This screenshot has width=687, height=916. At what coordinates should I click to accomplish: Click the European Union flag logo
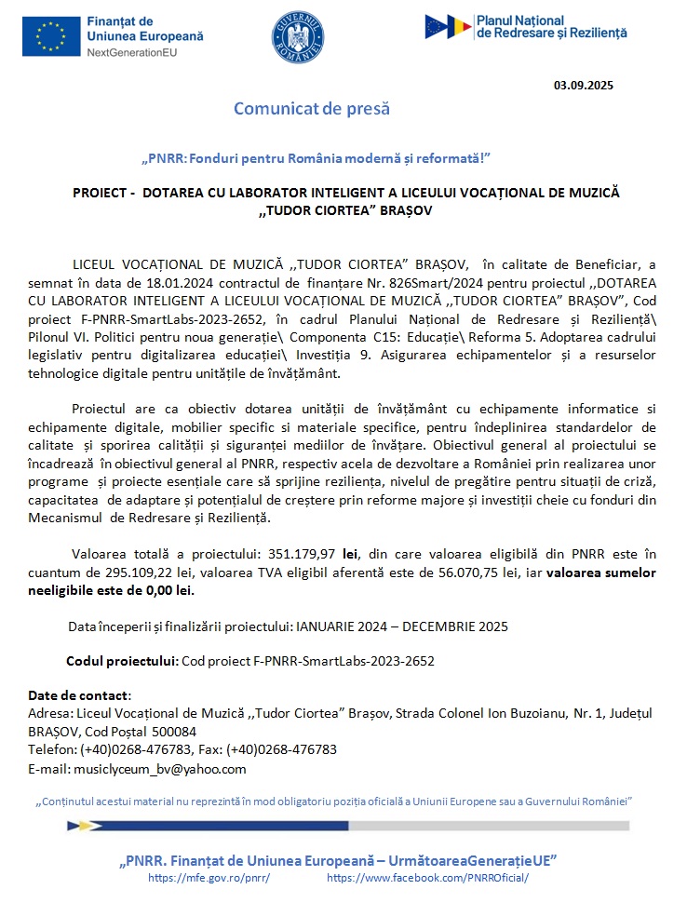click(51, 36)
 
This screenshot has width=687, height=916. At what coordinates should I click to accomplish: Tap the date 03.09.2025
click(584, 86)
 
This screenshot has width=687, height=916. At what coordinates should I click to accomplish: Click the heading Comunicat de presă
click(311, 109)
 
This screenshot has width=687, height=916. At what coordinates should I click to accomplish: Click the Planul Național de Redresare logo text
click(551, 26)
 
